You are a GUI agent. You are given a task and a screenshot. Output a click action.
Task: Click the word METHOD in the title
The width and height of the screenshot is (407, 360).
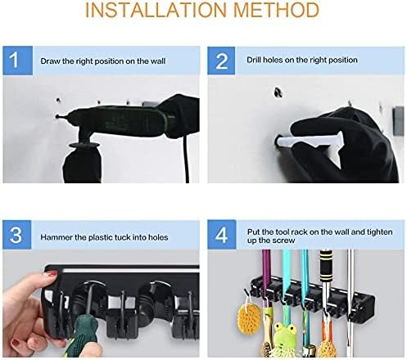pos(276,10)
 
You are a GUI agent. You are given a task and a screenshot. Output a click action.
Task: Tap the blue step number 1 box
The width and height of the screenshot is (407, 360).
pos(18,61)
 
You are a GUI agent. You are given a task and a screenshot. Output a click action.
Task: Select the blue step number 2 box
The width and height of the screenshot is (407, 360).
pos(221,61)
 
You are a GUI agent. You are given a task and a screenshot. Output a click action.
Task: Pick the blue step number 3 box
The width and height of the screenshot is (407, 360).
pos(17,235)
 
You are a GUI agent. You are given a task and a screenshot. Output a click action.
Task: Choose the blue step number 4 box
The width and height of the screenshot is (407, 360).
pos(222,235)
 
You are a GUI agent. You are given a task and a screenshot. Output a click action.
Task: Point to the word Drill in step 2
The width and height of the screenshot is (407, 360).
pos(253,60)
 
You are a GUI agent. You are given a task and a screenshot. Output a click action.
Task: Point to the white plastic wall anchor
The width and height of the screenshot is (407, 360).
pos(310,141)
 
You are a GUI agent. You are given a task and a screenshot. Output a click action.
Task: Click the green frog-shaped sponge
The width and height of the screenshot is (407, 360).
pos(285,337)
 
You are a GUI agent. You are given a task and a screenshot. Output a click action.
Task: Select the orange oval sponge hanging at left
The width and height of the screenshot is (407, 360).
pos(249,317)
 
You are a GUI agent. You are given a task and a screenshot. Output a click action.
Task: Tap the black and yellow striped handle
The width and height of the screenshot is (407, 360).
pos(326,265)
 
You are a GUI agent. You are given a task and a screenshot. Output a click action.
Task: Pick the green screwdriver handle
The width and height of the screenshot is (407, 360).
pos(84,335)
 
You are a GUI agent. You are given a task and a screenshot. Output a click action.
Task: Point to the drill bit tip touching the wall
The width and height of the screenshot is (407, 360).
pos(57,116)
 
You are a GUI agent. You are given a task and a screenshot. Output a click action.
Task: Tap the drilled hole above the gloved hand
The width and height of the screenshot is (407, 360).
pos(278,92)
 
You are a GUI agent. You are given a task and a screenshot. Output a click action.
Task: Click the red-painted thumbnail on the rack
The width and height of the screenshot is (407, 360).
pos(51,273)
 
